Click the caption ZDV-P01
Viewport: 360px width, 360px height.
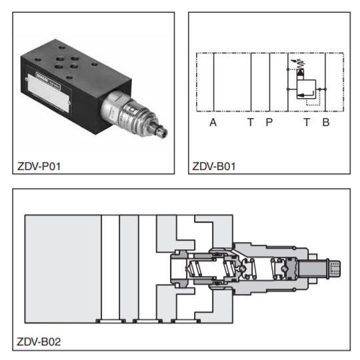(x=39, y=167)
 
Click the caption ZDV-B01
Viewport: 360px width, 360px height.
(x=214, y=167)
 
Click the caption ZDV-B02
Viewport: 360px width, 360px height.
(x=39, y=342)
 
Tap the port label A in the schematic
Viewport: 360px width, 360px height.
(x=213, y=123)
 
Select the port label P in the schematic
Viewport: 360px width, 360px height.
(x=269, y=123)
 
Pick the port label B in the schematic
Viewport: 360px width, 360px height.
(x=326, y=123)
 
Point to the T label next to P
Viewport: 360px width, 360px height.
(x=251, y=123)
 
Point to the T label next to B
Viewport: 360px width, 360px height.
(x=307, y=123)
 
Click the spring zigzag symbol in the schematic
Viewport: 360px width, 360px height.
(x=301, y=64)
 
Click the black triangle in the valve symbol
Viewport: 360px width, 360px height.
(x=300, y=72)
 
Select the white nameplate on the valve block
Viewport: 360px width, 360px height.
(x=49, y=93)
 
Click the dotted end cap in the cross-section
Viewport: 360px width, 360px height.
(x=335, y=269)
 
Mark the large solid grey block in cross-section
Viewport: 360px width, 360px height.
(x=63, y=269)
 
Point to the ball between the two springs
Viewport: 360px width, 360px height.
(x=241, y=269)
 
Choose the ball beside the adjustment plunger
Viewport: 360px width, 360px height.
(x=285, y=269)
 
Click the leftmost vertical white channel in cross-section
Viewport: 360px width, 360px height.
(x=111, y=267)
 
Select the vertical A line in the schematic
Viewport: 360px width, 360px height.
(x=214, y=82)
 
